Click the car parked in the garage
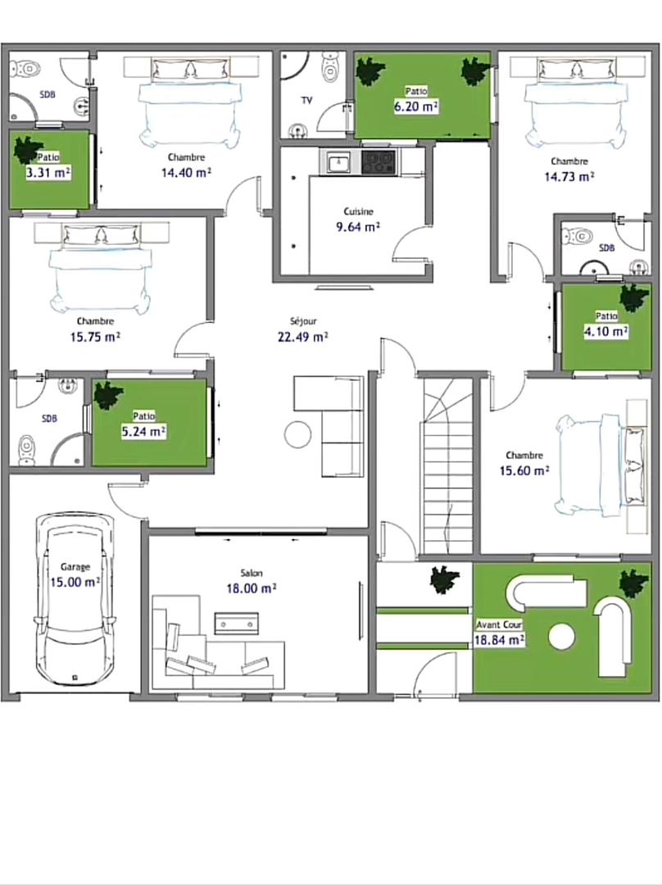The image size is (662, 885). pos(75,599)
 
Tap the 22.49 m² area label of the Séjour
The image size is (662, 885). pos(302,337)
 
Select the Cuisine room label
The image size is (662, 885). pos(358,211)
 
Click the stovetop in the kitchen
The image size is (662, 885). pos(379,162)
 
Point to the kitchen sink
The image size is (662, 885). pos(339,162)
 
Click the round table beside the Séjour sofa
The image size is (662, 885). pos(297,434)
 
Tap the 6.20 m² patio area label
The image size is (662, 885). pos(416,107)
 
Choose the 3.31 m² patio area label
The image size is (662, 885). pos(48,173)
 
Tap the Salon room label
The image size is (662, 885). pos(252,573)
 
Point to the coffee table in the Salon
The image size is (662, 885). pos(236,623)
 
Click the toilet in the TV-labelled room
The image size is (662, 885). pos(330,66)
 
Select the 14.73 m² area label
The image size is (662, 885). pos(569,177)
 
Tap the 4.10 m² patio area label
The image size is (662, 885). pos(606,331)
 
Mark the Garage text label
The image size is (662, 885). pos(75,567)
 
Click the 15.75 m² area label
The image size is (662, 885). pos(95,337)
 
